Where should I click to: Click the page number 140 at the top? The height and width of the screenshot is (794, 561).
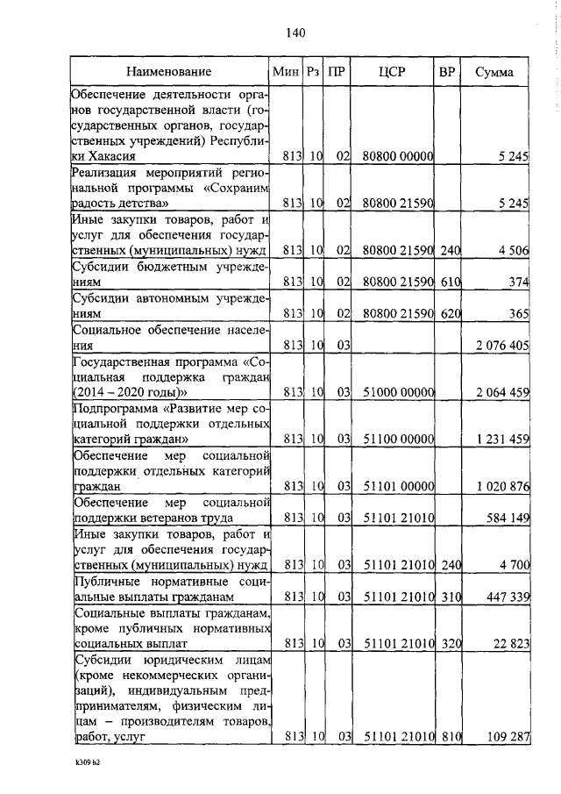295,33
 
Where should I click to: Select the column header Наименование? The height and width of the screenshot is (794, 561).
168,71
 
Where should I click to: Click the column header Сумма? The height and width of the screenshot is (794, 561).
494,71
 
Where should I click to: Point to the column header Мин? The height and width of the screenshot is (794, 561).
286,71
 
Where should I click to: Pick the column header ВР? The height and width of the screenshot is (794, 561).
446,71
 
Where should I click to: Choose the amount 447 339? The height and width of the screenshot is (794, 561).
506,597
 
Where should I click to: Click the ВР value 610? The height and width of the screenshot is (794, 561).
450,283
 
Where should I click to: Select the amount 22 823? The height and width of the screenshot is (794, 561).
509,644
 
